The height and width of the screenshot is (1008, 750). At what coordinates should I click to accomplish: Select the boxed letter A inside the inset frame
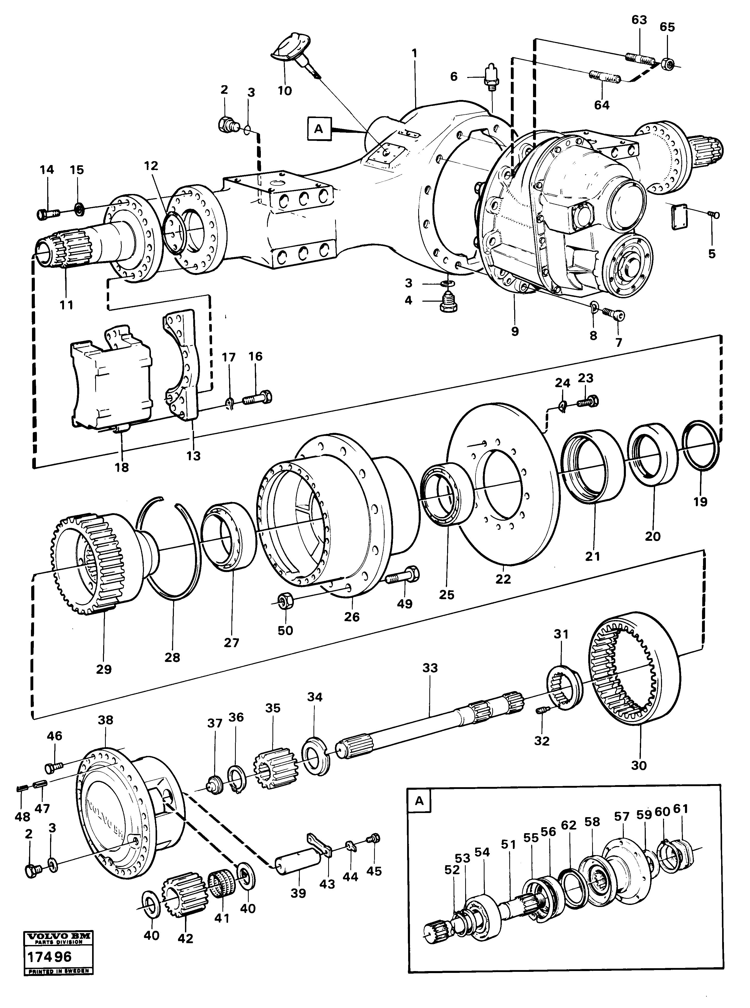(x=419, y=801)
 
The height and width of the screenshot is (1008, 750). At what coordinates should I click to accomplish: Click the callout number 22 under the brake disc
(x=503, y=579)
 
